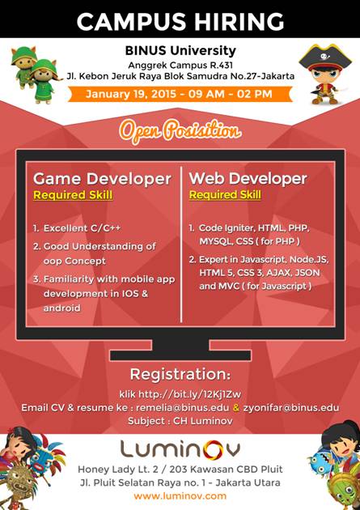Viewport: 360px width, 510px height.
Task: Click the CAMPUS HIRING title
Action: (180, 22)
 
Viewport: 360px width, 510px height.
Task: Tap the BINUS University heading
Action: (180, 51)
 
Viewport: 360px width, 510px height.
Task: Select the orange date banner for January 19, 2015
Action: (180, 94)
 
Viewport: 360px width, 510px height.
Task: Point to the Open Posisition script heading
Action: (180, 131)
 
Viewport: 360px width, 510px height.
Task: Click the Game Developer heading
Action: (102, 179)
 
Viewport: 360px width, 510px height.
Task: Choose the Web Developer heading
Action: (248, 179)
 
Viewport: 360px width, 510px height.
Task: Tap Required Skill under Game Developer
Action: (73, 195)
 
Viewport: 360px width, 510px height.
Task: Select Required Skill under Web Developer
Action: (225, 195)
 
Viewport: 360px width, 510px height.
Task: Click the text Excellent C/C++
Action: (82, 228)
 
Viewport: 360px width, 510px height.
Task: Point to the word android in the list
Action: (61, 308)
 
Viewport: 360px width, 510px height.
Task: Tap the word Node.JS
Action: (309, 260)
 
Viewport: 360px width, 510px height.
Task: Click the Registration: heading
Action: (180, 374)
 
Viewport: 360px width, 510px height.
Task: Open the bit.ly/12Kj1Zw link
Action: (190, 394)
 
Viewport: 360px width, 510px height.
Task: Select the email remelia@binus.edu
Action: (183, 407)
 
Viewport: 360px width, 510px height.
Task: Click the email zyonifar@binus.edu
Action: (291, 407)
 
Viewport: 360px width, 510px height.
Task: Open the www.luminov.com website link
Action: (180, 496)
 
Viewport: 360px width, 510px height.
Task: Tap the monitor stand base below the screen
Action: (180, 355)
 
